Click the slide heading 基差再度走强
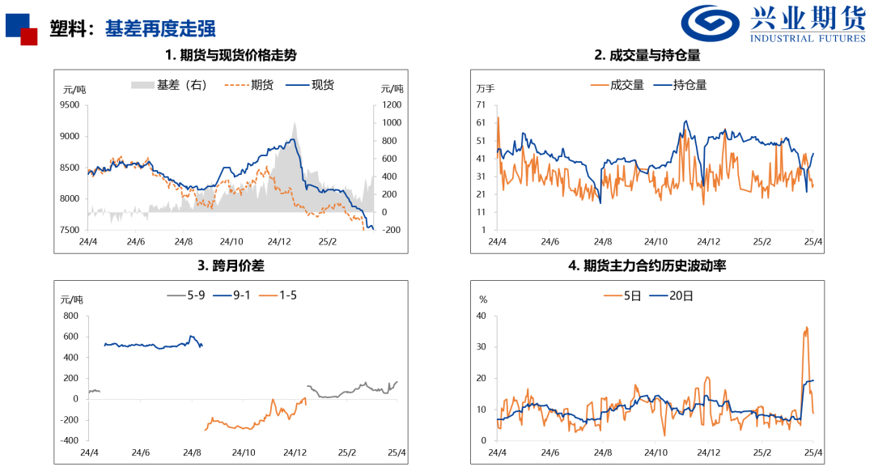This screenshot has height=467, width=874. pos(160,28)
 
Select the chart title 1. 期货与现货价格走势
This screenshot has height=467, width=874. pos(231,56)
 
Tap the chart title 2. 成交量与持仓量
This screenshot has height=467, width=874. pos(647,56)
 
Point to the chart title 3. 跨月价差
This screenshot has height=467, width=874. pos(231,265)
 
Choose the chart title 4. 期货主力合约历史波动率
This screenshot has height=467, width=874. pos(647,265)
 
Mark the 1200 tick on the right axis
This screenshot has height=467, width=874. pos(392,105)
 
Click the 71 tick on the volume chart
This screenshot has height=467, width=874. pos(481,105)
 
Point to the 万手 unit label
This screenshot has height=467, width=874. pos(486,88)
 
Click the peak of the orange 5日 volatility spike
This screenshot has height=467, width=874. pos(806,328)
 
